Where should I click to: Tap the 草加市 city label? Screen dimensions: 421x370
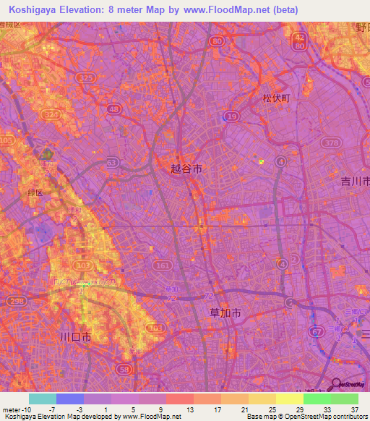pos(224,312)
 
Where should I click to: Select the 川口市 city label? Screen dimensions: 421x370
pos(76,337)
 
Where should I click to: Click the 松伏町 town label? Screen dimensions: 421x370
pos(275,99)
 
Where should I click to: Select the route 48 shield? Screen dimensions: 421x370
pos(113,109)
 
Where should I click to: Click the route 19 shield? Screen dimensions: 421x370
pos(231,116)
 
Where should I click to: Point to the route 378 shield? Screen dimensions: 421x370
pos(332,143)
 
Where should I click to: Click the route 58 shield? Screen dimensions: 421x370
pos(124,370)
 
